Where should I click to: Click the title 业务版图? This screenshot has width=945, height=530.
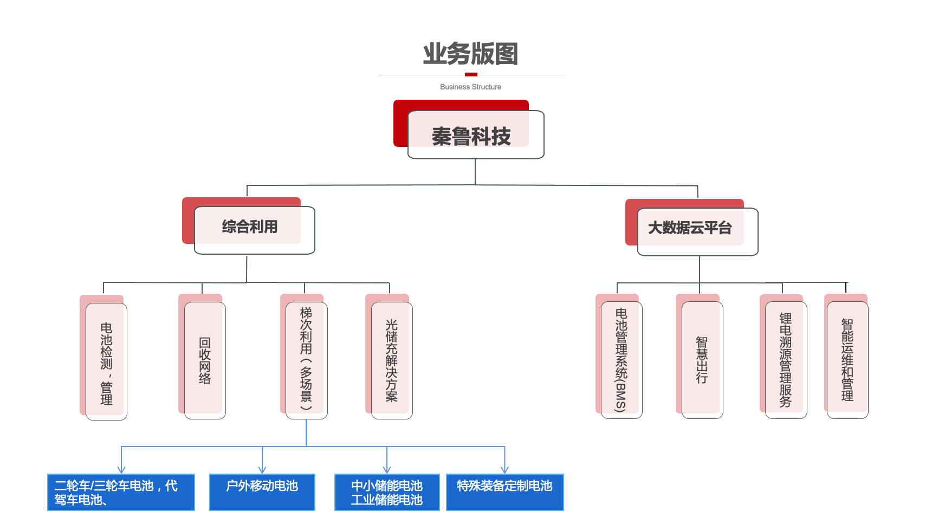470,54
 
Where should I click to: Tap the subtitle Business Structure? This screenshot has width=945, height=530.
470,87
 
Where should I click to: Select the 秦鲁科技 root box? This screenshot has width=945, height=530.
471,135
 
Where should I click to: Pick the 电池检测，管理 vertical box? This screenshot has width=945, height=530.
106,361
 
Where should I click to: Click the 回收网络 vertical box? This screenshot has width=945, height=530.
205,360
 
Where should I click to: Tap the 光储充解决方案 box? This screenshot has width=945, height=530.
391,360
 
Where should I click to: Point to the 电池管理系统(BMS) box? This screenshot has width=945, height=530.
621,360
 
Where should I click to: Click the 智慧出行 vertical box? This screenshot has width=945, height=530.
702,360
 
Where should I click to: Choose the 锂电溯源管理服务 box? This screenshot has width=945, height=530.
786,360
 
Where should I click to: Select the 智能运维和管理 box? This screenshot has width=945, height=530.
847,360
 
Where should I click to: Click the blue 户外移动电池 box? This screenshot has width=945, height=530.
262,492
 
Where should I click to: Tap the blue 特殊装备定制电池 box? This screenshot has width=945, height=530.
504,492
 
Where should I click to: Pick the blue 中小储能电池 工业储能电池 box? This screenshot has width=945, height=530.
387,492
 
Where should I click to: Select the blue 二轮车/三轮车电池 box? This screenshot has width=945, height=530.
121,492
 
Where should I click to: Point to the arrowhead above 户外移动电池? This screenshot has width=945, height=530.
262,469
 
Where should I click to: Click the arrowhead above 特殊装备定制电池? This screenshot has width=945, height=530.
504,469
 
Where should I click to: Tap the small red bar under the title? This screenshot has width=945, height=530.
471,74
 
